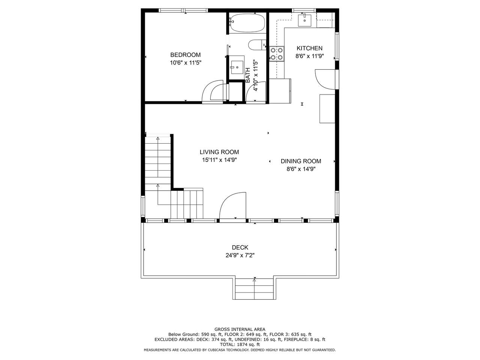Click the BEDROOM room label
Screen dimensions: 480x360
186,55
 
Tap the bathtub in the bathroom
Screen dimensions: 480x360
247,23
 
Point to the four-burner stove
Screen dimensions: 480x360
277,54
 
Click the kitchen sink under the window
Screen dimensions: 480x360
304,20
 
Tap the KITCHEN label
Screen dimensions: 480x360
309,48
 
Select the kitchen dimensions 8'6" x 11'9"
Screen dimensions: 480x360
310,56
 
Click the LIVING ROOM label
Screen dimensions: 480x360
219,152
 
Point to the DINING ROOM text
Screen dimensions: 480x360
301,161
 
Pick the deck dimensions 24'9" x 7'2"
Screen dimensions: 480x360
240,255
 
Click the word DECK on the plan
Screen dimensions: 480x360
240,247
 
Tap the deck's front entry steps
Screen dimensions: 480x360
254,289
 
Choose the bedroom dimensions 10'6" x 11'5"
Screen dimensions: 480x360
186,63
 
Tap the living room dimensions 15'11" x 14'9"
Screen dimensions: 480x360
219,160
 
